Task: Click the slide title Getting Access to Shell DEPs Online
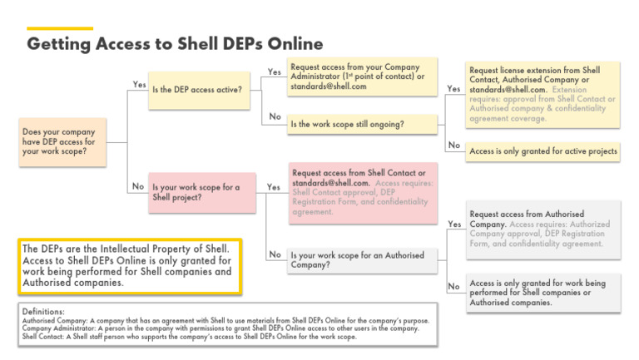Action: click(x=175, y=43)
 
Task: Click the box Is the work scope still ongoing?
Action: click(x=361, y=125)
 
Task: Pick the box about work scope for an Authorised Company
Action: click(x=361, y=259)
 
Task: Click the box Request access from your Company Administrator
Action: click(x=361, y=76)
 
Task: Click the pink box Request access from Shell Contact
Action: click(x=361, y=194)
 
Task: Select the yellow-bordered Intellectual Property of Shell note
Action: click(x=129, y=266)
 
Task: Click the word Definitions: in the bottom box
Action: click(x=43, y=311)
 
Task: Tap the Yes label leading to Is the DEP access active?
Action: click(x=139, y=84)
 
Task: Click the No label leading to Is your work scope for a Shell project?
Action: click(x=139, y=186)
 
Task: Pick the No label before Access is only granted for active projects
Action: click(x=453, y=145)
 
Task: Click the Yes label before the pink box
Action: click(x=273, y=187)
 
